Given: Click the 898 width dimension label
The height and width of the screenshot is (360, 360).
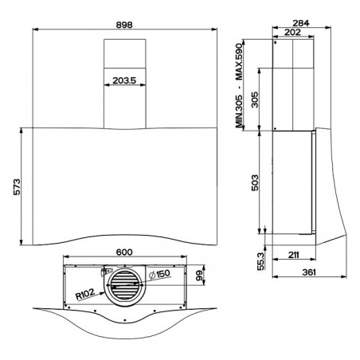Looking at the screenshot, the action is [x=124, y=25].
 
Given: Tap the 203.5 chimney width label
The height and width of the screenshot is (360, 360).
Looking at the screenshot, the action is [x=124, y=80].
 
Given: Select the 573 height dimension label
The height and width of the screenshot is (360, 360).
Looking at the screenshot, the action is [x=17, y=187].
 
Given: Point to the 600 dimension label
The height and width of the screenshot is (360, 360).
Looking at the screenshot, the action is [x=124, y=252].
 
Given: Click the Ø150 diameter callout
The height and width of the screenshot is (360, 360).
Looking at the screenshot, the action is [x=159, y=274].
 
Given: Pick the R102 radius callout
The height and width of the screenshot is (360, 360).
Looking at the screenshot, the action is [x=85, y=294].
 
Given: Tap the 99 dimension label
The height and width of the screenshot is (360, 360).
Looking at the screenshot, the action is [x=199, y=276].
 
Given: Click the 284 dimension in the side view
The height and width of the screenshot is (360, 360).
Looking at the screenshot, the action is [x=301, y=23].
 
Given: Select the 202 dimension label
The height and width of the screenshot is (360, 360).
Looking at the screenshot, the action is [x=292, y=32].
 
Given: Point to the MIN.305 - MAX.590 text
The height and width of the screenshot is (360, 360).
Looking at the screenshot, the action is [x=239, y=84].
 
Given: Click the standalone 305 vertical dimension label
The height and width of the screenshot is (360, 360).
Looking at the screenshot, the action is [x=255, y=100].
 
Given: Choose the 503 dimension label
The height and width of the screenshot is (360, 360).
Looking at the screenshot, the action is [x=255, y=182].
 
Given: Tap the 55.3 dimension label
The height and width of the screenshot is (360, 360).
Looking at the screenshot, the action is [x=261, y=261].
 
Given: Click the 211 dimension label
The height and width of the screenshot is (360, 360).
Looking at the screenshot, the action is [x=294, y=255].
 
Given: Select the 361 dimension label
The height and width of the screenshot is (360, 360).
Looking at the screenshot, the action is [x=309, y=272].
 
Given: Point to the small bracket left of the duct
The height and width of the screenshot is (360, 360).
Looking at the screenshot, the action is [x=106, y=272].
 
